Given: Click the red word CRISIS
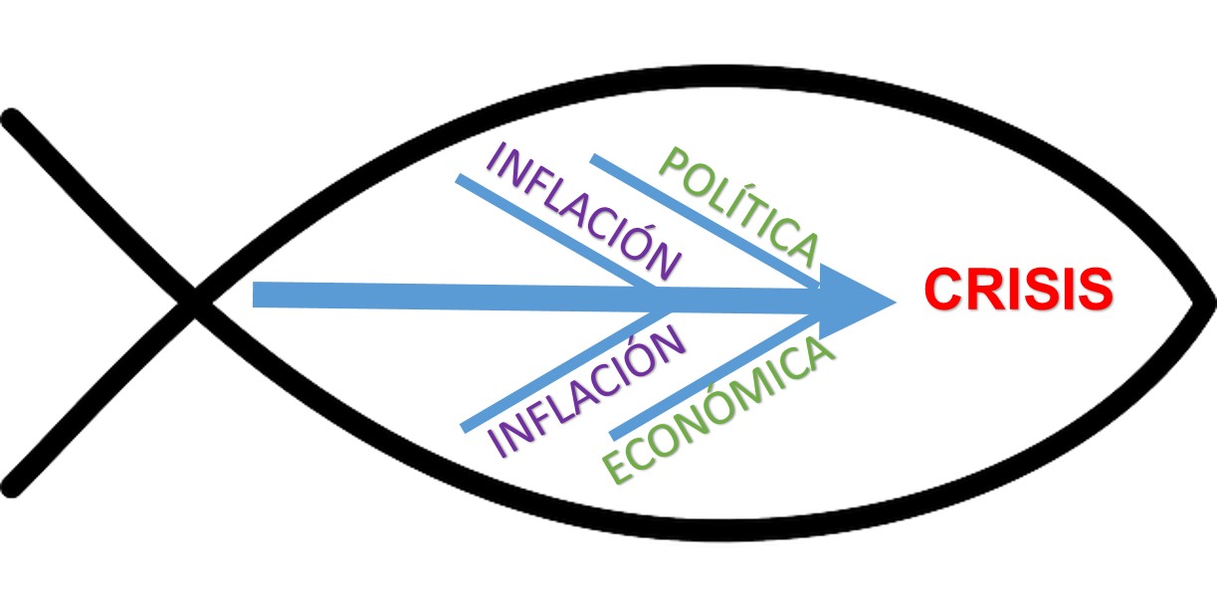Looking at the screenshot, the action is pyautogui.click(x=1017, y=290).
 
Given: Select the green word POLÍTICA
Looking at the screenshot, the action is pyautogui.click(x=737, y=206).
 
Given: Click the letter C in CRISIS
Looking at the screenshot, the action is pyautogui.click(x=941, y=290).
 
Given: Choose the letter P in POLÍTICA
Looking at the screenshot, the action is pyautogui.click(x=674, y=164).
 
